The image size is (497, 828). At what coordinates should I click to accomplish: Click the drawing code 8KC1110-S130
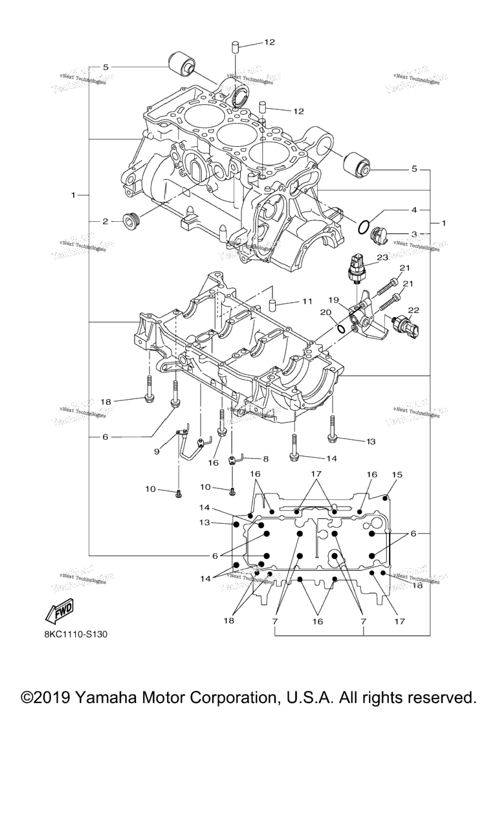click(76, 634)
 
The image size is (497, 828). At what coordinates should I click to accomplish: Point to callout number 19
click(334, 300)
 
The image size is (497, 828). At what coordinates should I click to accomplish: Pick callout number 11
click(306, 301)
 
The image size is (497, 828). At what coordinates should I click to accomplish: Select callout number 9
click(156, 452)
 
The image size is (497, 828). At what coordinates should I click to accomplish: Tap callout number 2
click(105, 221)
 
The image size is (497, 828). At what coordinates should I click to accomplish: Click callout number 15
click(397, 475)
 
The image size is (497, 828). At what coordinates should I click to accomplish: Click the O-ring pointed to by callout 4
click(364, 227)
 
